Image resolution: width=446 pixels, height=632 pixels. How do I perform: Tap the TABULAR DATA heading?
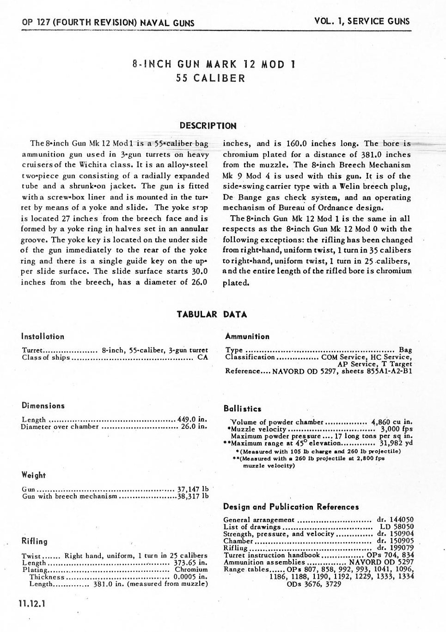coord(212,315)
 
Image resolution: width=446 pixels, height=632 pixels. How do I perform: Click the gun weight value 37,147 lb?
coord(193,489)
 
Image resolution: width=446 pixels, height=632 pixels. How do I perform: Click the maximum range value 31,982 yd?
coord(396,443)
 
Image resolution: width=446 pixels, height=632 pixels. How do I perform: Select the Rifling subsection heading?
coord(34,541)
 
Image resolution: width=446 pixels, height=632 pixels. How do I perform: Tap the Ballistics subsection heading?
coord(242,409)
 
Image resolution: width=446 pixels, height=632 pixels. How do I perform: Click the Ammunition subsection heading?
coord(247,336)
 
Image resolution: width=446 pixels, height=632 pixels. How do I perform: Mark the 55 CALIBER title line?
coord(210,78)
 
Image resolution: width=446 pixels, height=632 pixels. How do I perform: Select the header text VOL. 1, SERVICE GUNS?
coord(362,21)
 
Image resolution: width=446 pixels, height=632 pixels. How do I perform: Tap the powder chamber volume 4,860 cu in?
coord(391,422)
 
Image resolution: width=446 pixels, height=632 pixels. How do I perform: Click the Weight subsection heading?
coord(34,475)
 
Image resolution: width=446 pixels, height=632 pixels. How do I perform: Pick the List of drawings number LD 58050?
coord(397,527)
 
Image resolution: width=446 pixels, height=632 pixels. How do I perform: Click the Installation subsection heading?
coord(43,336)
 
